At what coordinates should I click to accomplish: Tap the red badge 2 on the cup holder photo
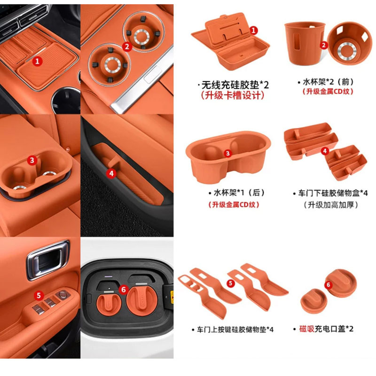pos(127,46)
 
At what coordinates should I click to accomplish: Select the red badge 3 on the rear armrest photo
pos(32,160)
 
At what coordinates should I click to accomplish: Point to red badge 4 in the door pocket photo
pos(111,173)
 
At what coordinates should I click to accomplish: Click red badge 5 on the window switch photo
pos(38,296)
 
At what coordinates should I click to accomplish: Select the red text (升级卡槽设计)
pos(233,95)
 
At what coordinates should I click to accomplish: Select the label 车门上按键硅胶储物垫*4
pos(232,329)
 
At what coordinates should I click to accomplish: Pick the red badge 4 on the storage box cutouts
pos(325,151)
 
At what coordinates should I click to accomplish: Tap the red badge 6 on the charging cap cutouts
pos(329,285)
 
